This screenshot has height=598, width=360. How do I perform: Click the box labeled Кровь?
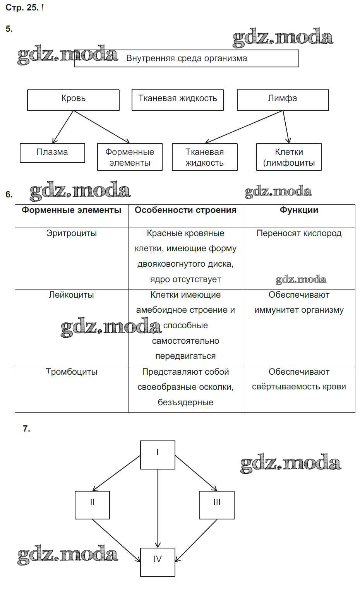(73, 100)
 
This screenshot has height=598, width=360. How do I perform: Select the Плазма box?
(52, 153)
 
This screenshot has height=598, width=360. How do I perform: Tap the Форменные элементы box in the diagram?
(130, 157)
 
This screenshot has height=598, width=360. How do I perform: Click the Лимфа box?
(283, 100)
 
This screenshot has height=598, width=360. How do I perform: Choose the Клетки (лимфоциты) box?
(289, 157)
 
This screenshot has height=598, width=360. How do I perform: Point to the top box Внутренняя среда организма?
(187, 58)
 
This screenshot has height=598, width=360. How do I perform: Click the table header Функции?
(299, 210)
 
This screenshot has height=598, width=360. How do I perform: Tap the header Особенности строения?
(185, 210)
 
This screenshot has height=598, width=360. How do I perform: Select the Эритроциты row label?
(72, 233)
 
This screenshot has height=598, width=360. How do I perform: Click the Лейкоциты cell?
(72, 295)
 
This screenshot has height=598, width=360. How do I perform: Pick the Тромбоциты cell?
(72, 372)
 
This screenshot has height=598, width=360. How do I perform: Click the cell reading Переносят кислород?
(299, 233)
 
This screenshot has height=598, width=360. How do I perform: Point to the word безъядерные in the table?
(185, 403)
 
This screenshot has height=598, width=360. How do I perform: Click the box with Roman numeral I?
(158, 455)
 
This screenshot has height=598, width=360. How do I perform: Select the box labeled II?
(92, 505)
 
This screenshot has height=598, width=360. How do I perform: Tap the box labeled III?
(217, 505)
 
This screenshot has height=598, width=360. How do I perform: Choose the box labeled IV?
(158, 562)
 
